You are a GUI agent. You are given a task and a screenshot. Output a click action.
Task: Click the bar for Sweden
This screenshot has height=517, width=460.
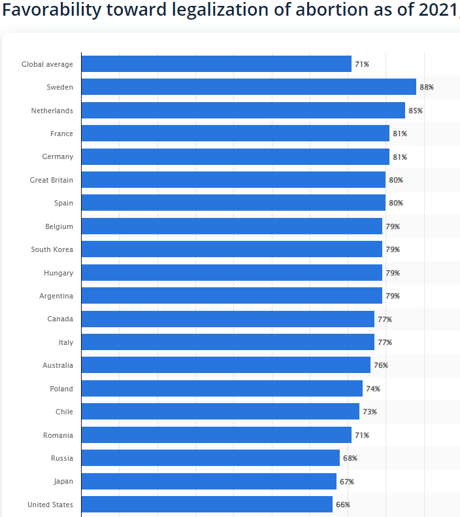click(x=248, y=87)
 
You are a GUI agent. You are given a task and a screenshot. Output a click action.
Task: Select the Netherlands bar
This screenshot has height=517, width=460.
click(x=243, y=111)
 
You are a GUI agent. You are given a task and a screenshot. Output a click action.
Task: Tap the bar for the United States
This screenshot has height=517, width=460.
click(x=206, y=505)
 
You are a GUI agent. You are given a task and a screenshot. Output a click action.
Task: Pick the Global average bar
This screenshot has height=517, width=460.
click(x=216, y=64)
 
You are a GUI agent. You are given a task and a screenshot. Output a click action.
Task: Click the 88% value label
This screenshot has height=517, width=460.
click(x=427, y=87)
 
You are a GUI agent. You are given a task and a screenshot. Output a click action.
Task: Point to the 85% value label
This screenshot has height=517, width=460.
click(x=416, y=111)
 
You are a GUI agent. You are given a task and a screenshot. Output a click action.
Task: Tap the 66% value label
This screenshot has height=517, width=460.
click(x=343, y=505)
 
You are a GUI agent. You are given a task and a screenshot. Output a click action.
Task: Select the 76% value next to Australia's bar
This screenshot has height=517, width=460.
click(x=381, y=365)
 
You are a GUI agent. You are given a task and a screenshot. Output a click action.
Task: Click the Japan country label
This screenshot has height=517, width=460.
click(x=63, y=481)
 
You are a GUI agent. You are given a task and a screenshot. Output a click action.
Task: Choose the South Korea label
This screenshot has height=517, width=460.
click(x=52, y=249)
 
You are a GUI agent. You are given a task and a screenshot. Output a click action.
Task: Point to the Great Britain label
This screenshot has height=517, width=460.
click(x=52, y=180)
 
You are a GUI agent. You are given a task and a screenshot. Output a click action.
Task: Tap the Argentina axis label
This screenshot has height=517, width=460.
click(x=56, y=296)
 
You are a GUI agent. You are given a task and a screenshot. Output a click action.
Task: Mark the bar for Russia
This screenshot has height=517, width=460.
click(x=210, y=458)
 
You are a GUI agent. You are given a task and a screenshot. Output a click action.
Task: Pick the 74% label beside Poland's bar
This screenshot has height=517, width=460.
click(x=373, y=389)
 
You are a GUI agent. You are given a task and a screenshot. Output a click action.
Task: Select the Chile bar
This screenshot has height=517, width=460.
click(x=220, y=412)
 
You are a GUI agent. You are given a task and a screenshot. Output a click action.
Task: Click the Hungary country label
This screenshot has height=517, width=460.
click(x=59, y=273)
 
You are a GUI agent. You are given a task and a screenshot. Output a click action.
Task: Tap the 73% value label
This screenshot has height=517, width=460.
click(x=370, y=412)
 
